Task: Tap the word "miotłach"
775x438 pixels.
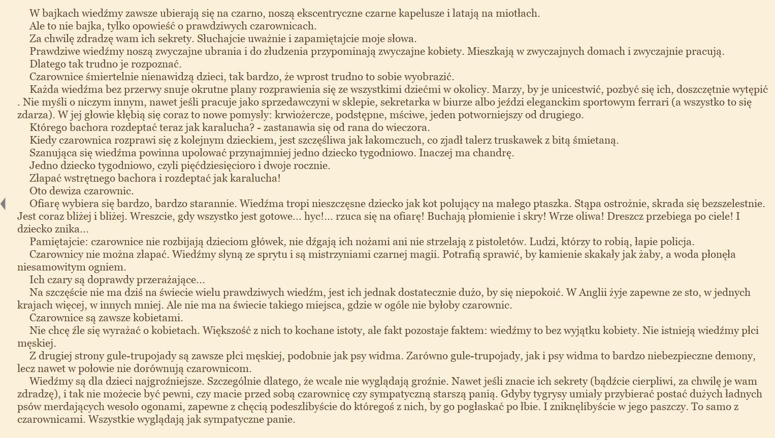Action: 520,14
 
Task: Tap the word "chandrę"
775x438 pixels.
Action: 495,153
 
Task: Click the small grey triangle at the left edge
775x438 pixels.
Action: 3,204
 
